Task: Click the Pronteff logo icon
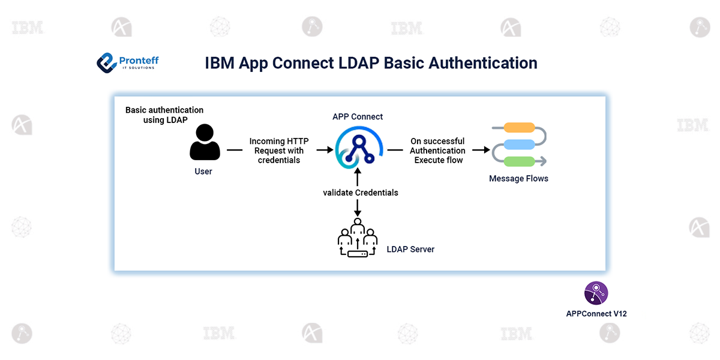click(106, 62)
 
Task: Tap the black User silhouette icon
click(205, 142)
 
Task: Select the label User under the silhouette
click(203, 172)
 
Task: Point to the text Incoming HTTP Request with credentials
click(279, 151)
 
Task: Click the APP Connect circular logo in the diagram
click(358, 149)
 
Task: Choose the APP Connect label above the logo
click(358, 116)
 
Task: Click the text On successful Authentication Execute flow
click(437, 151)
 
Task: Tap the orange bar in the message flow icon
click(519, 127)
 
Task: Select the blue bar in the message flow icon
click(519, 144)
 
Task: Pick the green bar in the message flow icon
click(519, 161)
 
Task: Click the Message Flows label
click(518, 178)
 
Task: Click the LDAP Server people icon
click(358, 238)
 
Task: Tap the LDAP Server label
click(410, 249)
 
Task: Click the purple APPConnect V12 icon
click(596, 293)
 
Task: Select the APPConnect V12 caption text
click(596, 313)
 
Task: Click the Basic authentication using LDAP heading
click(164, 115)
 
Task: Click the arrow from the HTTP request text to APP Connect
click(324, 150)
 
